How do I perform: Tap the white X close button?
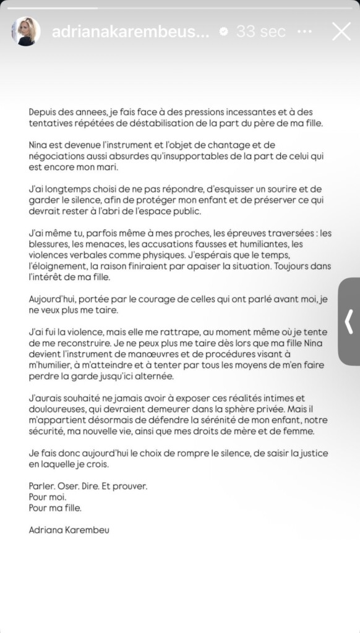tap(341, 31)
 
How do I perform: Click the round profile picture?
tap(26, 32)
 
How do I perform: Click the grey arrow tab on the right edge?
tap(349, 321)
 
